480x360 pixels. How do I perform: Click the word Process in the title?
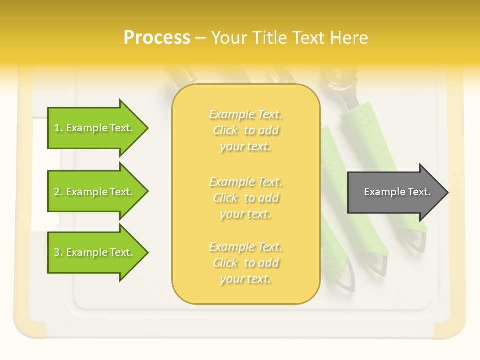(157, 38)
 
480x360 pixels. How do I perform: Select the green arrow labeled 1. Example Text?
(95, 128)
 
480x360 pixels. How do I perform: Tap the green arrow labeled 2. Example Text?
(95, 192)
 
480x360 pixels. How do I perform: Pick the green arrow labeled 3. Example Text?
(95, 252)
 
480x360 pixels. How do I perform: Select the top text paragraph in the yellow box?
(245, 130)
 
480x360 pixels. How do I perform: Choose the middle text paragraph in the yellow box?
(245, 197)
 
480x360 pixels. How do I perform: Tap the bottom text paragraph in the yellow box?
(245, 263)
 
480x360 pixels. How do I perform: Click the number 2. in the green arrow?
(58, 192)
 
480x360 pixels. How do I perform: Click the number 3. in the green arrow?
(58, 252)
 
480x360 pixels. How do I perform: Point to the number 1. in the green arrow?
(58, 128)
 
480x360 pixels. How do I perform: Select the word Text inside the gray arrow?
(419, 192)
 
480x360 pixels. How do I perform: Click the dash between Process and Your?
(200, 38)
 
